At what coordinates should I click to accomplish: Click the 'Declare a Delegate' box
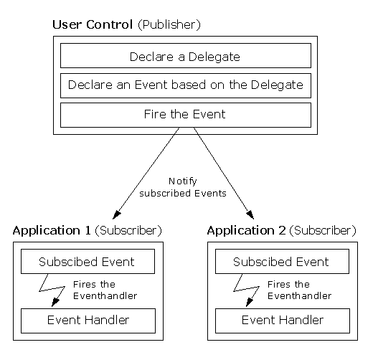click(185, 56)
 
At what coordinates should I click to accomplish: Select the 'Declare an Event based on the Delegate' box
click(185, 85)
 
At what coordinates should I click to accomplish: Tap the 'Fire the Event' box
click(185, 115)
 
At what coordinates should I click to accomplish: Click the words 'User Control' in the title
click(93, 25)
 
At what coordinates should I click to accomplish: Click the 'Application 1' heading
click(52, 231)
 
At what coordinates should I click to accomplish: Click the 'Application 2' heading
click(246, 231)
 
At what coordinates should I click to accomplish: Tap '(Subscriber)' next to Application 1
click(128, 231)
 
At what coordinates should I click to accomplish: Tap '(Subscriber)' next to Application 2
click(323, 231)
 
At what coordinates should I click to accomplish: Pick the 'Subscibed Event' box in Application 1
click(87, 262)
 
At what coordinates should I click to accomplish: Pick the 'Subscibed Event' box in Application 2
click(281, 262)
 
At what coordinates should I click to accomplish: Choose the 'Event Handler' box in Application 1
click(87, 320)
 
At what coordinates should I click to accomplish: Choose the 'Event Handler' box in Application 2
click(281, 320)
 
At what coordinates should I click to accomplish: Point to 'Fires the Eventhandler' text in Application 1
click(105, 290)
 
